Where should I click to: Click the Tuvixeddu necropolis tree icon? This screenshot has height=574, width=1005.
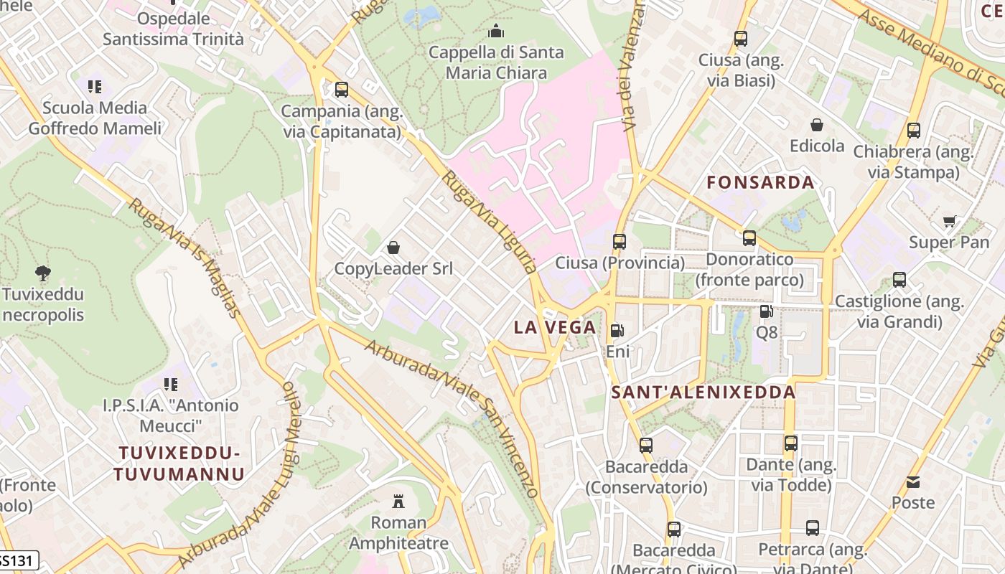click(x=43, y=273)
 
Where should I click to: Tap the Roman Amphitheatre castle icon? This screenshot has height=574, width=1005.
click(x=398, y=501)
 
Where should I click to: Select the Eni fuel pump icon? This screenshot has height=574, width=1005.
click(x=617, y=331)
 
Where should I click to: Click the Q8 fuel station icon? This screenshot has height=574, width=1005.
click(x=766, y=311)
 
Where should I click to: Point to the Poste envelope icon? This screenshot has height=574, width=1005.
click(x=912, y=481)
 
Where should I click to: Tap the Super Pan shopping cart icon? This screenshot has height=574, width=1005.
click(x=950, y=221)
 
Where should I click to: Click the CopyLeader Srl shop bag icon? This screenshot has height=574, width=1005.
click(x=393, y=248)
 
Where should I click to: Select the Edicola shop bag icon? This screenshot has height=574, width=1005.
click(x=817, y=125)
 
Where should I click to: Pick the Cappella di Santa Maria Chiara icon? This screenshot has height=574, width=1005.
click(x=495, y=32)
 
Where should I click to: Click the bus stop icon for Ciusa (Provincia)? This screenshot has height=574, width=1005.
click(x=620, y=242)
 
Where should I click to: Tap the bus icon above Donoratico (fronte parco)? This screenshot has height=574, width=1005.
click(x=749, y=238)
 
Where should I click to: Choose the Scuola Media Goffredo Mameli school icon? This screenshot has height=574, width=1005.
click(x=95, y=87)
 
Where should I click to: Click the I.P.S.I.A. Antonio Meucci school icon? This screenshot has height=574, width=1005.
click(x=170, y=385)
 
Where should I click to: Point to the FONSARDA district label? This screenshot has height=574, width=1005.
click(x=760, y=182)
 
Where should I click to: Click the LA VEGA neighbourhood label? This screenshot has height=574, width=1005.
click(x=554, y=327)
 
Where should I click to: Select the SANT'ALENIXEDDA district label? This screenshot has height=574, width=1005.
click(x=703, y=392)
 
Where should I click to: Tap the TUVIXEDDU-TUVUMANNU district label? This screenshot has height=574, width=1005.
click(x=179, y=464)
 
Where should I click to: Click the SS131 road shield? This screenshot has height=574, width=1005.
click(x=17, y=560)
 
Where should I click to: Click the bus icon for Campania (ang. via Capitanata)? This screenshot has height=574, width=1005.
click(x=342, y=90)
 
